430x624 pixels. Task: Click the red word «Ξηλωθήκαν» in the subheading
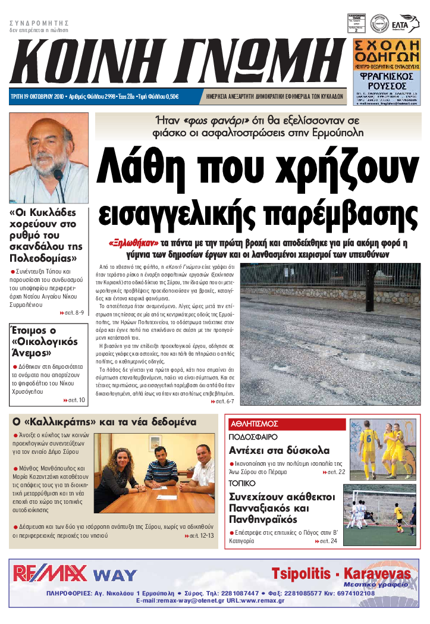(x=134, y=243)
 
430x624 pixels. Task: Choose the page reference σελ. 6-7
(x=224, y=402)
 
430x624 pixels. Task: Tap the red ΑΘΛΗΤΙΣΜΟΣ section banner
(x=255, y=424)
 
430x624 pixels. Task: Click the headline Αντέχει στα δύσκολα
(x=279, y=450)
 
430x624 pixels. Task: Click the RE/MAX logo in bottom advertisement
(x=50, y=573)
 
